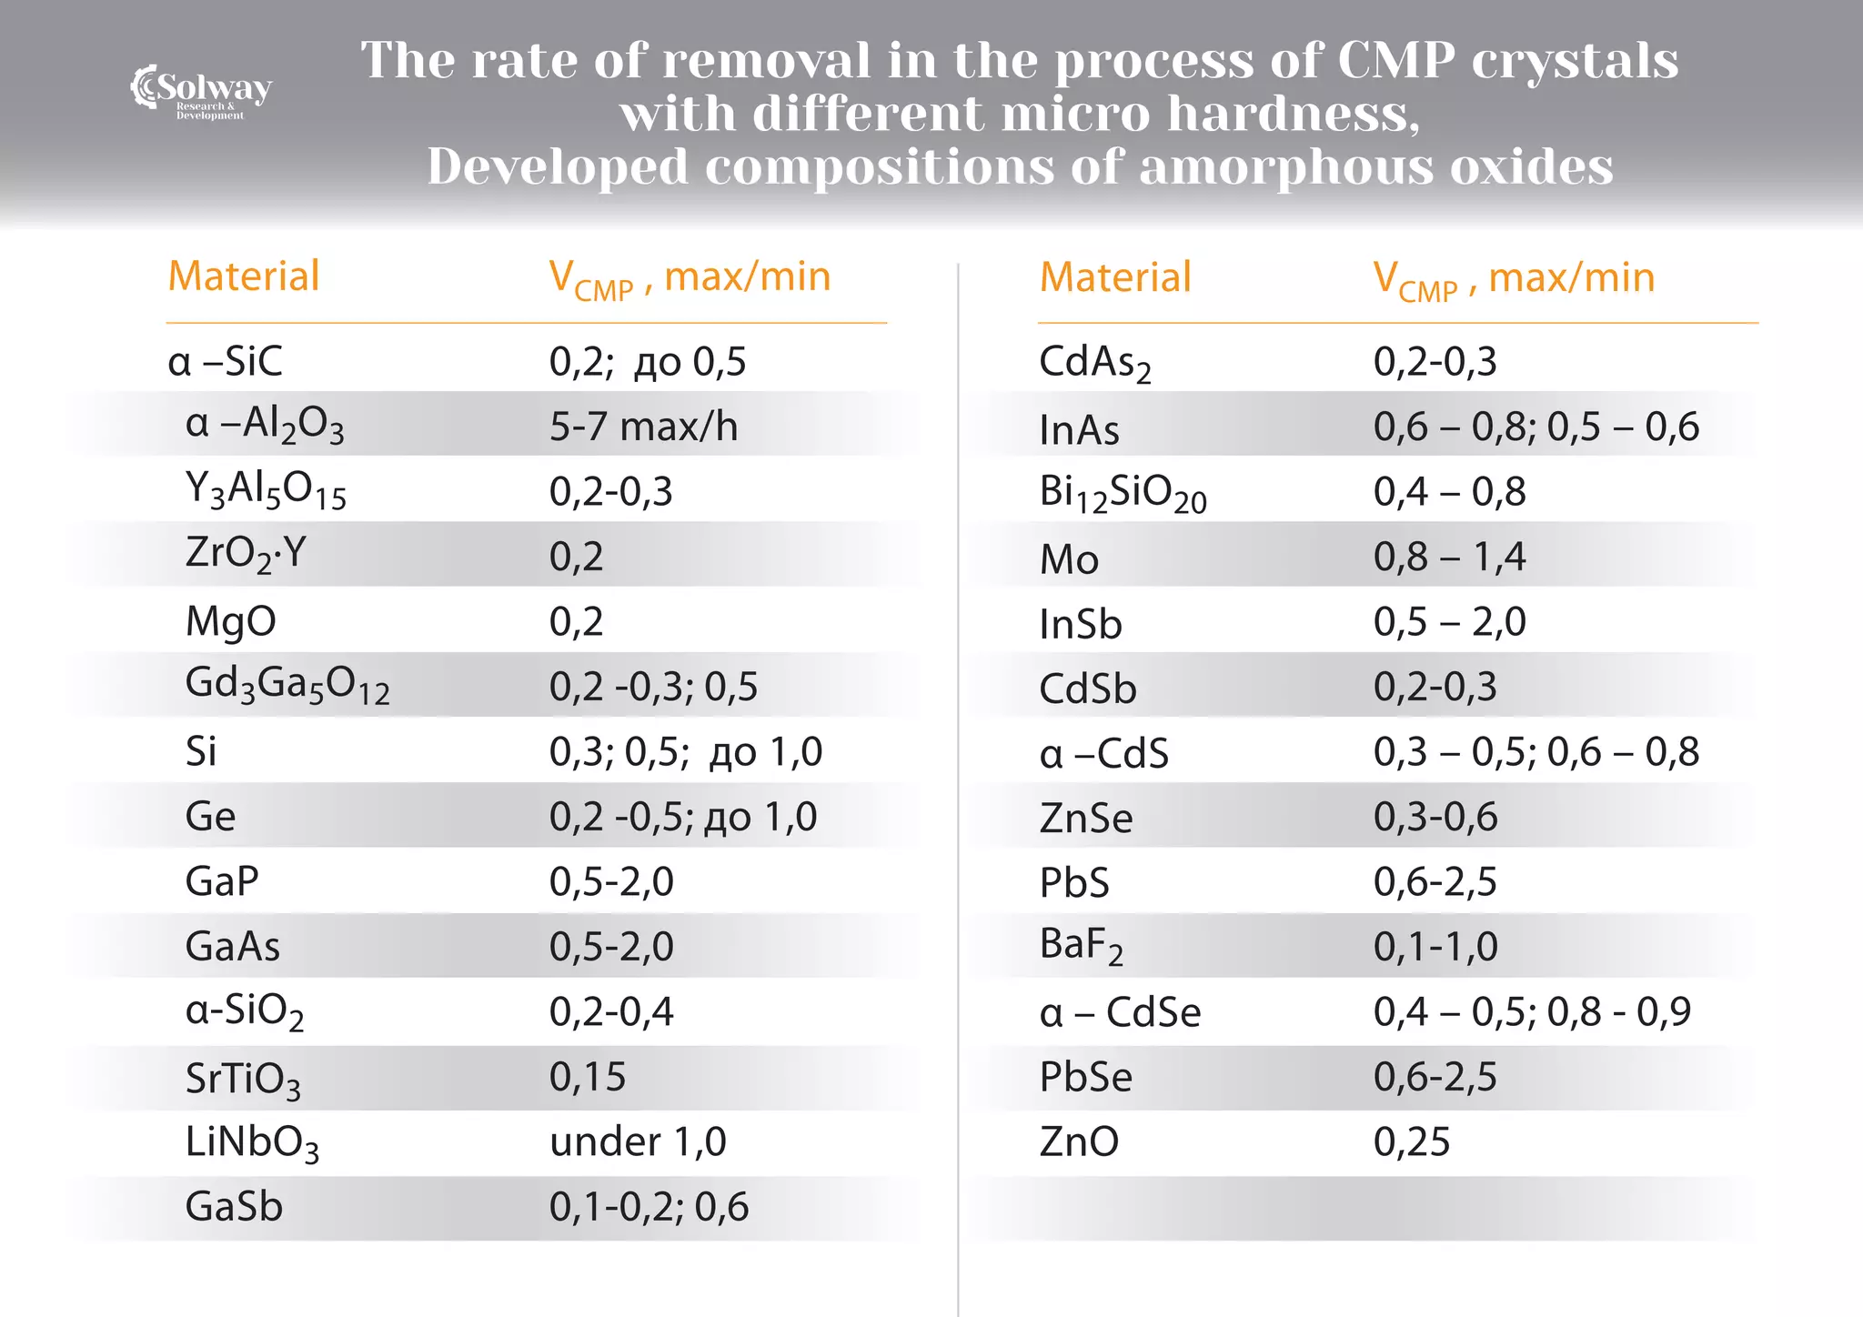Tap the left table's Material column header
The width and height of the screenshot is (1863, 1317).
point(244,276)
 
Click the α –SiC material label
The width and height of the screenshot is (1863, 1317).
point(225,361)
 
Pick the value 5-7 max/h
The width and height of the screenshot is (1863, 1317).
point(643,426)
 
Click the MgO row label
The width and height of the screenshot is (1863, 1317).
point(230,621)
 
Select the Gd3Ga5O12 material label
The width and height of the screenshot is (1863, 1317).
point(287,684)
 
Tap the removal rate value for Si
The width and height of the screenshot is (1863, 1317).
point(685,751)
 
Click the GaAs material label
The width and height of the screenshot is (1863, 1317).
point(232,946)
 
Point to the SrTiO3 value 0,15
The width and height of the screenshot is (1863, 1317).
point(587,1076)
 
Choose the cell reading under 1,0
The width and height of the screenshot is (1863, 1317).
point(638,1141)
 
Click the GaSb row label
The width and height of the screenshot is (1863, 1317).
point(234,1206)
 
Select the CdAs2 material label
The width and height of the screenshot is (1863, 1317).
point(1094,363)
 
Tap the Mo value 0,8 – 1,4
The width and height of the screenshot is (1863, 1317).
point(1449,556)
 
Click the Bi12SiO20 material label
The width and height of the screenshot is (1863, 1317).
point(1122,493)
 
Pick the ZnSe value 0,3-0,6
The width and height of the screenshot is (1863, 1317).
point(1435,816)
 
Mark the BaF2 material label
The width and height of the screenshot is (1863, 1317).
point(1081,946)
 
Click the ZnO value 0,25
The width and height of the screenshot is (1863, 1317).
point(1411,1141)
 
